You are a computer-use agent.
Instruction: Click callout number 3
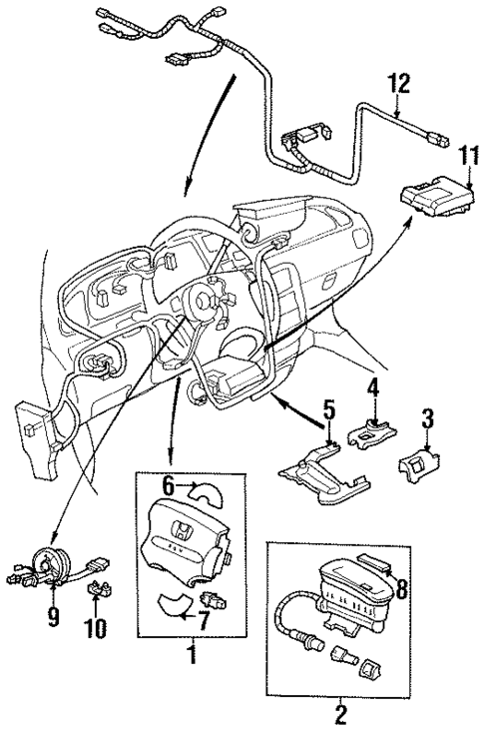426,418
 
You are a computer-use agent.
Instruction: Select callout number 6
168,485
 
